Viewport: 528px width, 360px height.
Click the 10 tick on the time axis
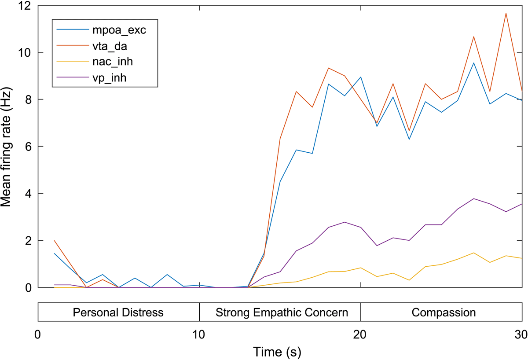[199, 334]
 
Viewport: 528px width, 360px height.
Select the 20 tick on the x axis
[361, 334]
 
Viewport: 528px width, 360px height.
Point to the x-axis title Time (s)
[277, 352]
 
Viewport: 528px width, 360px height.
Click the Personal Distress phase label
[118, 313]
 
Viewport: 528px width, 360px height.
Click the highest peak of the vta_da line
[506, 13]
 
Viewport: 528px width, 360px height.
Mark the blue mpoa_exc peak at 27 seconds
[473, 62]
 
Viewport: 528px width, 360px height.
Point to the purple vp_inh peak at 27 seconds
[473, 198]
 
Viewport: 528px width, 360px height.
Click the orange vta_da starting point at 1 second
[54, 241]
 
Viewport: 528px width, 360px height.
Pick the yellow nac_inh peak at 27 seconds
[473, 253]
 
